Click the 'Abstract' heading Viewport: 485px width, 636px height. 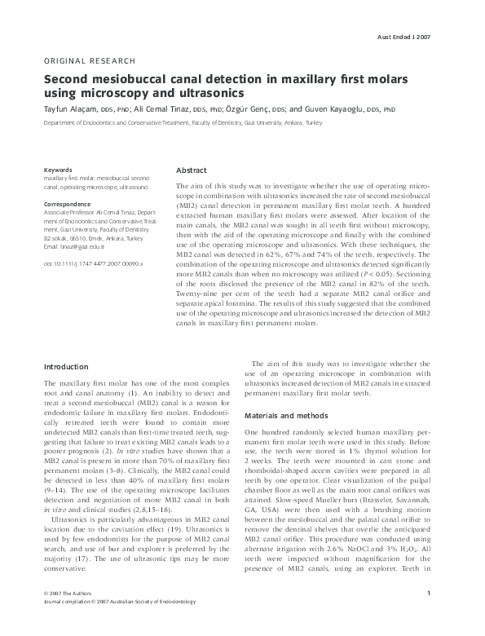(x=192, y=170)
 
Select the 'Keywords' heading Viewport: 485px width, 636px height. (x=58, y=169)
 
